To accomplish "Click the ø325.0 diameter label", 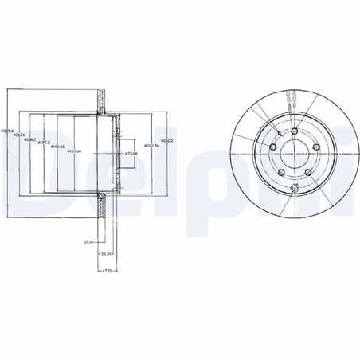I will tap(7, 129).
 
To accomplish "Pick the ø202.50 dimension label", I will tap(151, 145).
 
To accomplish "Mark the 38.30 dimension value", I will tap(104, 253).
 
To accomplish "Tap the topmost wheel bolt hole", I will tap(294, 131).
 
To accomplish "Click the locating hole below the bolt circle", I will tap(294, 188).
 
